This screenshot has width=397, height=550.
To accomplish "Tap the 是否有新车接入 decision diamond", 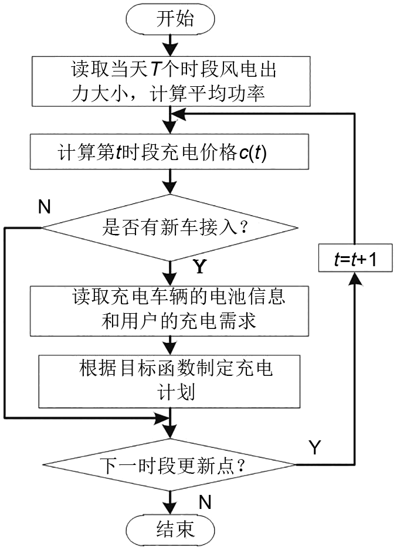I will point(170,227).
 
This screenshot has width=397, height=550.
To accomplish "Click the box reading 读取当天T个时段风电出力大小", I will point(170,82).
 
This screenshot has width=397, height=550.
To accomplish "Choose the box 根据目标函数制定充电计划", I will point(170,380).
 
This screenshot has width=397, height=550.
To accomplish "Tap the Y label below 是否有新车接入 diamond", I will point(200,267).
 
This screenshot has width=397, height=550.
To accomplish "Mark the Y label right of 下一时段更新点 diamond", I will point(314,449).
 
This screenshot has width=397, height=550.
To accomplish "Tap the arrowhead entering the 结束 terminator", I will point(170,507).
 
